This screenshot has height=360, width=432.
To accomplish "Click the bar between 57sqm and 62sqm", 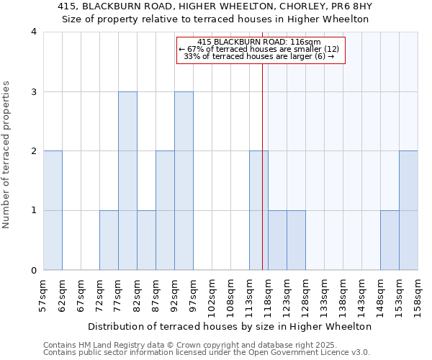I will tap(53, 210).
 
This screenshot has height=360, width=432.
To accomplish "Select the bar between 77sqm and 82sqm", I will tap(127, 181).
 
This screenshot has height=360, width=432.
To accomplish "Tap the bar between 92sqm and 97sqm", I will tap(184, 181).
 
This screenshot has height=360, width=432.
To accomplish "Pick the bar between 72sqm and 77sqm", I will tap(109, 240).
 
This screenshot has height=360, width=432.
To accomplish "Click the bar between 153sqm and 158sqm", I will tap(408, 210).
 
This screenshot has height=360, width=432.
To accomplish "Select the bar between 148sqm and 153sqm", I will tap(390, 240).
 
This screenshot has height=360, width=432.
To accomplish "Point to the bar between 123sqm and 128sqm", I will tap(296, 240).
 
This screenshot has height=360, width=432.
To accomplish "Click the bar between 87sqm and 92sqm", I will tap(165, 210).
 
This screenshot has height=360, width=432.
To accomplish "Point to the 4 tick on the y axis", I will tap(33, 32).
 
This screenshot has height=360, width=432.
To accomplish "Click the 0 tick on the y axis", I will tap(33, 271).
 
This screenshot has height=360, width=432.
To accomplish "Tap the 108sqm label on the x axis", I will tap(230, 296).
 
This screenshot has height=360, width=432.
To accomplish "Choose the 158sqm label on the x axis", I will tap(418, 296).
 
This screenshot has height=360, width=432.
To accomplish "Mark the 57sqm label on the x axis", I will tap(43, 294).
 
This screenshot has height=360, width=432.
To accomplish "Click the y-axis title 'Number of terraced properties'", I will tap(7, 155).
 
